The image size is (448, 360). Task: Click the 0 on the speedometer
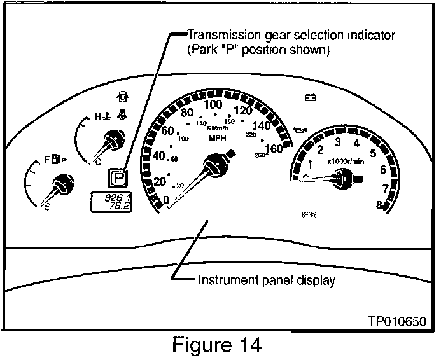click(x=167, y=200)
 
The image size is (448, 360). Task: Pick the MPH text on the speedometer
click(x=217, y=137)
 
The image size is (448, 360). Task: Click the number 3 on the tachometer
click(x=338, y=141)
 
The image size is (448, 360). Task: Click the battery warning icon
click(x=311, y=98)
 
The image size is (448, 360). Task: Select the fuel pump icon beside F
click(x=57, y=157)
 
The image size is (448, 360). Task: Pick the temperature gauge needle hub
click(x=114, y=138)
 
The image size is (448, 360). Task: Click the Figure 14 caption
click(x=217, y=345)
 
